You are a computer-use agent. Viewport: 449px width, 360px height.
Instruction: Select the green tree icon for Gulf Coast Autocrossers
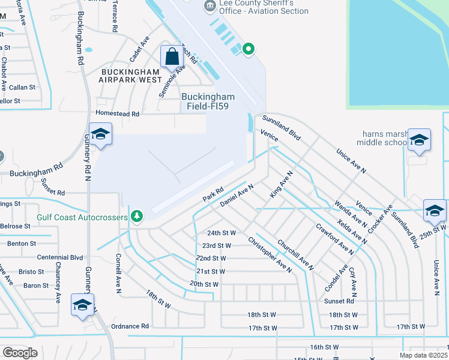[x=137, y=216]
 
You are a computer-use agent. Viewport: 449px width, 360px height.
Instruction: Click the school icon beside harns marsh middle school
[x=418, y=140]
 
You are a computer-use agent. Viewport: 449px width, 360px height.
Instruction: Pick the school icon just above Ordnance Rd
[x=82, y=304]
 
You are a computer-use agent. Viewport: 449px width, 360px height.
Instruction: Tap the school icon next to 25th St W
[x=435, y=211]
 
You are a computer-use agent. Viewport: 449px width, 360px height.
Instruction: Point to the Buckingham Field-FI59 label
[x=208, y=101]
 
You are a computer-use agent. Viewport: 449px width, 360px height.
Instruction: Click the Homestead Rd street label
[x=118, y=113]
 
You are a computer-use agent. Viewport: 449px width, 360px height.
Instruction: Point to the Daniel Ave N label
[x=237, y=196]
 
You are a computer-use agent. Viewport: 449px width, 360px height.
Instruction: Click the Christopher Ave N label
[x=270, y=254]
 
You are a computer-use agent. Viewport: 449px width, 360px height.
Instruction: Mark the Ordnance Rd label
[x=130, y=326]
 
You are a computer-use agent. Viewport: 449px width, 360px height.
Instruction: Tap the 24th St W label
[x=221, y=232]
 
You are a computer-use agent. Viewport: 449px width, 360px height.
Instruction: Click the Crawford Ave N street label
[x=334, y=237]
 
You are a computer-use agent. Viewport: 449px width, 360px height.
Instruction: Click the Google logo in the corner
[x=20, y=353]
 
